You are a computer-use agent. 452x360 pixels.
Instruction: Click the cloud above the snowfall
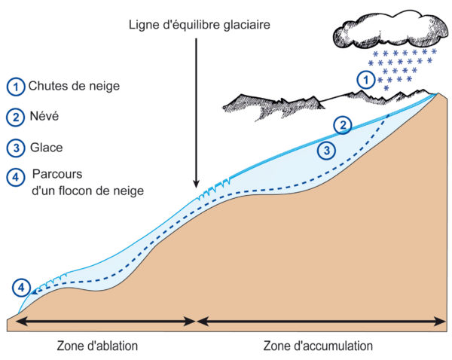click(x=391, y=29)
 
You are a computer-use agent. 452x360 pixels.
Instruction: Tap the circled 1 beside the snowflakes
click(x=366, y=80)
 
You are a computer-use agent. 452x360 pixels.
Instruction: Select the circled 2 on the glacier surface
click(x=343, y=125)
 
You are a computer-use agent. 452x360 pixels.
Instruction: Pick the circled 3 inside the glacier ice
click(x=327, y=151)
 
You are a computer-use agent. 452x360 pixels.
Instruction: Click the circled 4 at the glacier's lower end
click(x=21, y=288)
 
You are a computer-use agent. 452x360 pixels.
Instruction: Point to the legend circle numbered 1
click(x=16, y=87)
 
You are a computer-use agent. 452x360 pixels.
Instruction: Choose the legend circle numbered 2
click(x=16, y=117)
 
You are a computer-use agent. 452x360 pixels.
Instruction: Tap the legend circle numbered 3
click(x=16, y=148)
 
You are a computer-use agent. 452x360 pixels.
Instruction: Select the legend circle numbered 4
click(x=16, y=177)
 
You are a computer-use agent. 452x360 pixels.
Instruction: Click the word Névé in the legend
click(x=44, y=116)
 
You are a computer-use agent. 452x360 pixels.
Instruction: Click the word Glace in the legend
click(x=47, y=148)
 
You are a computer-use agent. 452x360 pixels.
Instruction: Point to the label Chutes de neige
click(x=74, y=86)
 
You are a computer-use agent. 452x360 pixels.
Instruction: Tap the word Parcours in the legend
click(x=57, y=174)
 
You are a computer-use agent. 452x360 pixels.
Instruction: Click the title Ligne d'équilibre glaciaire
click(x=199, y=25)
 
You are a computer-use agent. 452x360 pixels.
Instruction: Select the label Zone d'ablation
click(x=97, y=346)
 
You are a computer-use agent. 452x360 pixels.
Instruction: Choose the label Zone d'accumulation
click(x=318, y=346)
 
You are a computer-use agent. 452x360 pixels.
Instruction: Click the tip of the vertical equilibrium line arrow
click(x=197, y=188)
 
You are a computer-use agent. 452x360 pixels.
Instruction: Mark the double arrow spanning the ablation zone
click(x=105, y=322)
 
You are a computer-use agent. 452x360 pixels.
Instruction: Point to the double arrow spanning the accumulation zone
click(x=322, y=322)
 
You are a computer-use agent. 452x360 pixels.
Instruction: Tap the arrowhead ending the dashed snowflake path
click(x=33, y=292)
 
